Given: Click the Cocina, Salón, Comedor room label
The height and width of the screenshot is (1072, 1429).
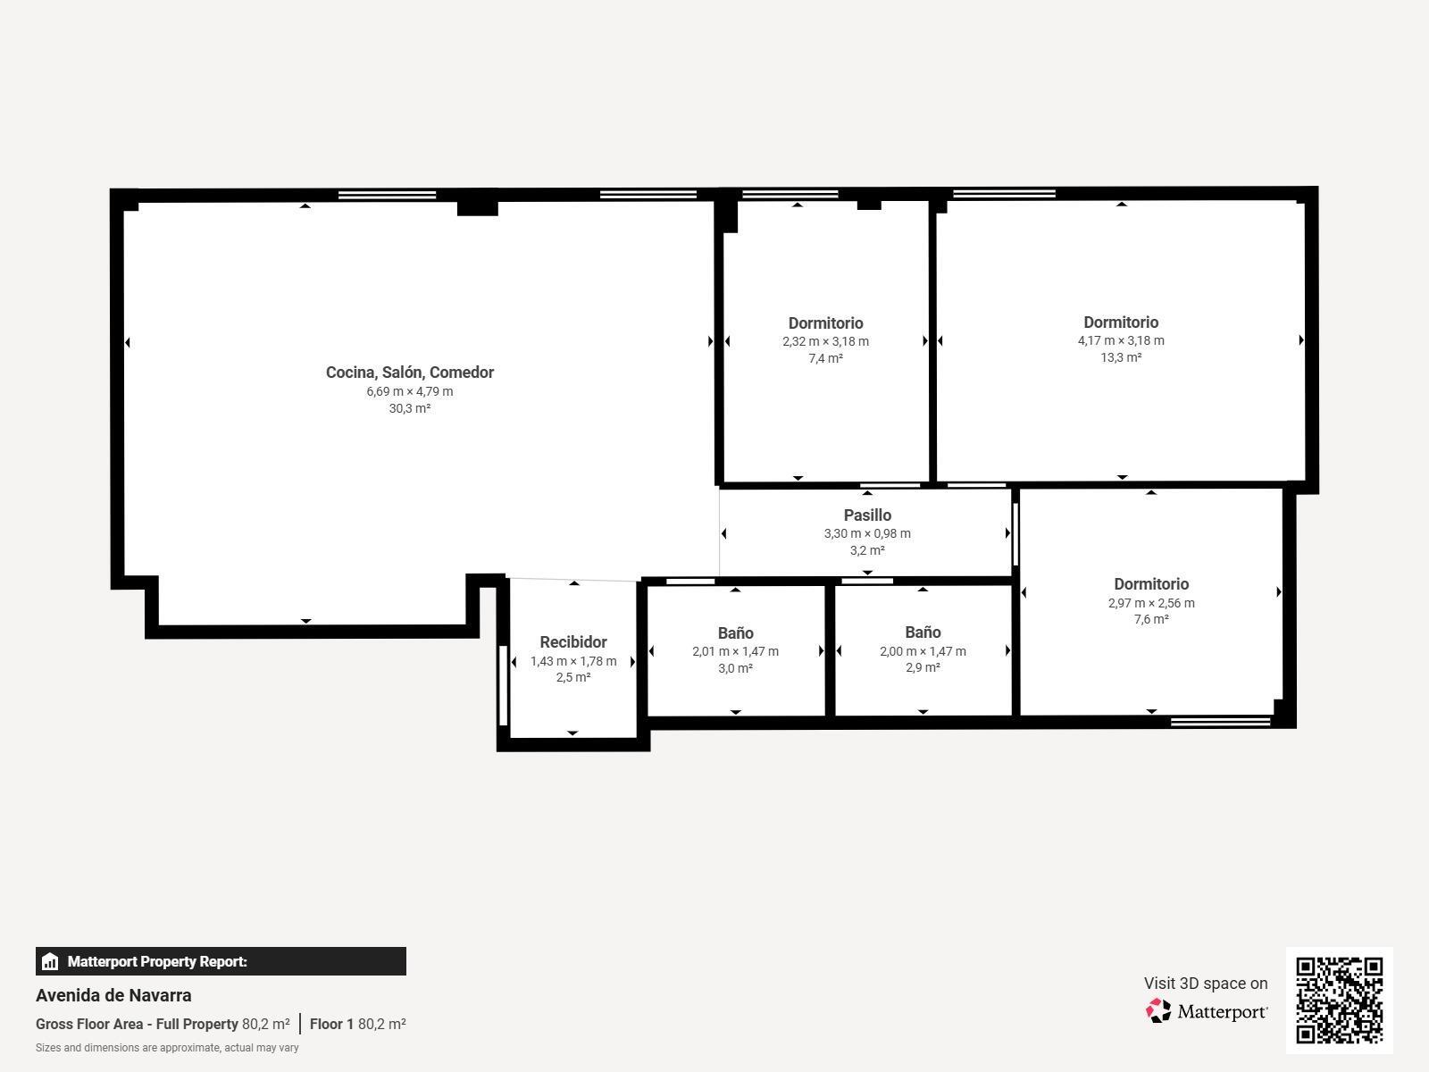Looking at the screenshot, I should pos(409,373).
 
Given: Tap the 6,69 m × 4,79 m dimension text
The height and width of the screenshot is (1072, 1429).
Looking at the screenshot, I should pos(409,391).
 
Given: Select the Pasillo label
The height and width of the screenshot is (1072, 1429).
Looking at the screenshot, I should pos(867,515).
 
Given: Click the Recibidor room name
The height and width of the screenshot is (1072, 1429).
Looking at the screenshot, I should pos(573,642).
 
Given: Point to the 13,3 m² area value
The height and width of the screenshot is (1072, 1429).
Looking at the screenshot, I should pos(1121,357).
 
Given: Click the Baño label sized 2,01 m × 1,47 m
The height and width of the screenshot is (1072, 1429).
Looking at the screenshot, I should pos(735,633).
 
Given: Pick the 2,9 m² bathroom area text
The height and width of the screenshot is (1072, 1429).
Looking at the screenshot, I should pos(923,667).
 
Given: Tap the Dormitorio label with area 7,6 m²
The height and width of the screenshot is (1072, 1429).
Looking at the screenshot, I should pos(1151,584).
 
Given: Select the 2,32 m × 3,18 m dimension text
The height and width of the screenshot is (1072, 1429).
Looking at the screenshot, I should pos(825,341).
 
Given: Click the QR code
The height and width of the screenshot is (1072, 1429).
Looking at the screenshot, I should pos(1339,1000).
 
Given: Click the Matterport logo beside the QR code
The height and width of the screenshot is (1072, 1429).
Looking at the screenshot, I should pos(1207,1011).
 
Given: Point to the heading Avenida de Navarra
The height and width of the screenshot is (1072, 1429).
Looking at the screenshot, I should pos(113,995).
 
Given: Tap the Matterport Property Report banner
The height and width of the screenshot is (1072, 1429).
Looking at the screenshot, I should pos(221,961).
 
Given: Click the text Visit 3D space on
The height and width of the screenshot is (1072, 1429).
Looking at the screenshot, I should pos(1205,984).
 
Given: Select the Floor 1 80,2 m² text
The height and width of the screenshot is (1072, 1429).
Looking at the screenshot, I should pos(357,1024).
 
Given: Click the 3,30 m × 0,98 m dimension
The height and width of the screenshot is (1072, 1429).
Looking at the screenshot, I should pos(867,533).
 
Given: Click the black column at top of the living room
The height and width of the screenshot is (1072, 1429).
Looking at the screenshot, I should pos(477,205).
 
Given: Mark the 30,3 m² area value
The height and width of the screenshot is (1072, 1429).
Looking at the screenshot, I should pos(409,408).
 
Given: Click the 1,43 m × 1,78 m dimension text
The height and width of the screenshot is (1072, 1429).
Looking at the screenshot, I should pos(573,661).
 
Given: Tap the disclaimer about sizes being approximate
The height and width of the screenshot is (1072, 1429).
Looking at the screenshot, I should pos(167,1048).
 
